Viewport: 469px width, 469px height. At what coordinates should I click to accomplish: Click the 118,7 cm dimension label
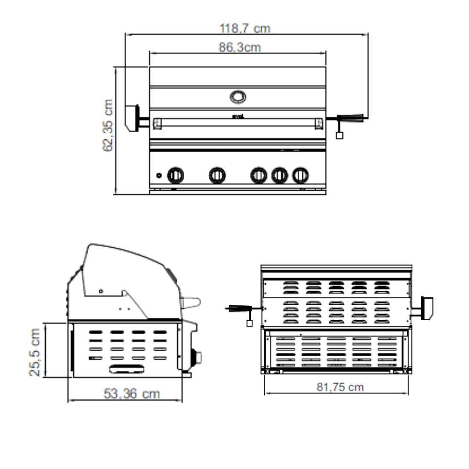point(245,29)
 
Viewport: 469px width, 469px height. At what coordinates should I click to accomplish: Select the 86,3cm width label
point(240,47)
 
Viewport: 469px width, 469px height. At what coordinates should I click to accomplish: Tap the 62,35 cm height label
point(108,126)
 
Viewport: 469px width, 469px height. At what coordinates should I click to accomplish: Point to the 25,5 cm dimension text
point(35,352)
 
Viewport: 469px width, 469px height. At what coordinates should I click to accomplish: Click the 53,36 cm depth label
point(132,394)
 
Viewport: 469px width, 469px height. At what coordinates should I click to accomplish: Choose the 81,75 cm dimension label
point(340,387)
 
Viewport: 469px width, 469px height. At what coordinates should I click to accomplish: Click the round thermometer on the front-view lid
point(238,97)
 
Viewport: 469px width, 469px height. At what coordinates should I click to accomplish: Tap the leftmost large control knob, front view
point(175,175)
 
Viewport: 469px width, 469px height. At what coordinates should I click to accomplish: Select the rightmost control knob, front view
point(300,175)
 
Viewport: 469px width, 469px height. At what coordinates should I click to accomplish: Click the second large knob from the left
point(217,175)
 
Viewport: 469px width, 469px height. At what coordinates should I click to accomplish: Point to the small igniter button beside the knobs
point(159,176)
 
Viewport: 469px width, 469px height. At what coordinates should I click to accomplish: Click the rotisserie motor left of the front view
point(132,118)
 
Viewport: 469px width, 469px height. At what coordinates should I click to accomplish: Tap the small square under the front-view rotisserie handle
point(339,136)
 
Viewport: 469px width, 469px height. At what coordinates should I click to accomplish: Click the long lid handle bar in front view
point(238,123)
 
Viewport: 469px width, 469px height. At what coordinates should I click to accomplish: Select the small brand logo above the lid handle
point(238,116)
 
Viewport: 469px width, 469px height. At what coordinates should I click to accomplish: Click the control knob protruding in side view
point(197,357)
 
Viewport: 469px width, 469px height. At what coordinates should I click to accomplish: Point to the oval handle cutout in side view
point(127,369)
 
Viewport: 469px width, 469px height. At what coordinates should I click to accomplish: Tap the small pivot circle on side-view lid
point(101,291)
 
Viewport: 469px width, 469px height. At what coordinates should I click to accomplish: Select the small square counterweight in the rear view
point(249,323)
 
